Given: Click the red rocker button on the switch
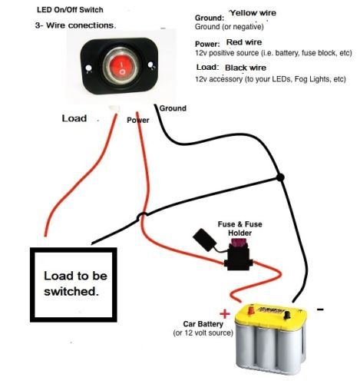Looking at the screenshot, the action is [x=122, y=67].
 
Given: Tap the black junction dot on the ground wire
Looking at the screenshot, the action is [x=281, y=177].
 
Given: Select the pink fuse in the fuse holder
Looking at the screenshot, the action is [x=239, y=242].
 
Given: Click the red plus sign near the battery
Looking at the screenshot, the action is [x=225, y=313].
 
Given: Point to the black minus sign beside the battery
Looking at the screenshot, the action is [x=320, y=310].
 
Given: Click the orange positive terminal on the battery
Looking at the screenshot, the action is [x=251, y=310].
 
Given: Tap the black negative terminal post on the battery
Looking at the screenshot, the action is [x=287, y=314].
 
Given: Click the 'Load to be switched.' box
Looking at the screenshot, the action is [x=74, y=285].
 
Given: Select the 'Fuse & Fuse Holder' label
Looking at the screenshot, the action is [x=239, y=229].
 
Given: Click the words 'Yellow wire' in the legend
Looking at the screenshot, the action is [x=253, y=13].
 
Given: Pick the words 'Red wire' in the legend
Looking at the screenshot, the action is [x=244, y=42].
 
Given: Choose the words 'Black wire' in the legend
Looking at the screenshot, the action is [x=246, y=68].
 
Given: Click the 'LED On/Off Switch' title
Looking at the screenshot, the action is [x=70, y=10].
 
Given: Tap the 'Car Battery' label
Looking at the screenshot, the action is [x=203, y=324].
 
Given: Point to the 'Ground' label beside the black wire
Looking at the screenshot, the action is [x=173, y=108].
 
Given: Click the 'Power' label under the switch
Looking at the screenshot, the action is [x=138, y=120].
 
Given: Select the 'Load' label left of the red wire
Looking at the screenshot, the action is [x=74, y=118].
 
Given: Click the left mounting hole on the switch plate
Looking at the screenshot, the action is [x=89, y=68].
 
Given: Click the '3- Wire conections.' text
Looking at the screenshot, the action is [x=75, y=25].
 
